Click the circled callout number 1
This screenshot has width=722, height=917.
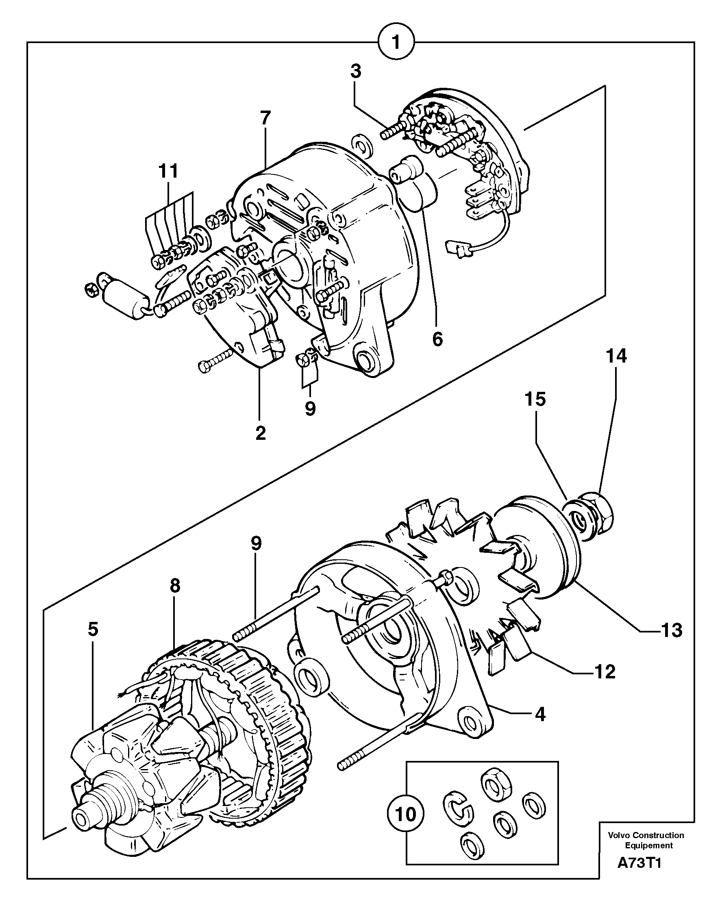point(396,42)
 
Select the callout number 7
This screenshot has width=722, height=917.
point(265,118)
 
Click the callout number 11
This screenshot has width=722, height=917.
point(168,172)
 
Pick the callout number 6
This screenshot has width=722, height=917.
point(437,339)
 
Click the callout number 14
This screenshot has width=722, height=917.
point(616,356)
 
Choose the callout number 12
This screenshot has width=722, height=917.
point(605,671)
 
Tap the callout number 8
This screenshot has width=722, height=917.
point(175,586)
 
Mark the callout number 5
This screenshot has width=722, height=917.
point(93,629)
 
